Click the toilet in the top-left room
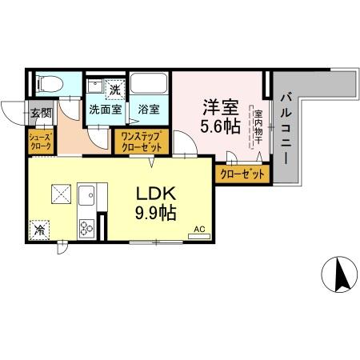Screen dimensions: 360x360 coord(47,84)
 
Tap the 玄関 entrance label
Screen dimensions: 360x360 coord(41,113)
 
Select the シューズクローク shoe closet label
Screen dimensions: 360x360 coord(41,141)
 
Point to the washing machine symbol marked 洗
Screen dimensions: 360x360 coord(114,88)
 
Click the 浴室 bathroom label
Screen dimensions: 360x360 coord(148,109)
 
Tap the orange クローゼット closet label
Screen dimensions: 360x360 coord(239,174)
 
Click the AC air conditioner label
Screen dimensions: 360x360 coord(199,229)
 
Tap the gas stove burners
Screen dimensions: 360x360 coord(86,227)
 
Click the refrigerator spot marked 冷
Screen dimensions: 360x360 coord(41,230)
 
